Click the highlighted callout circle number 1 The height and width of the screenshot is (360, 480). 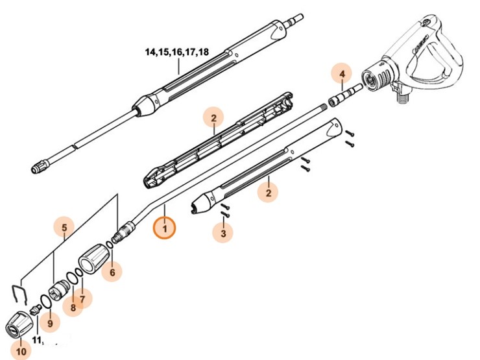[x=165, y=228]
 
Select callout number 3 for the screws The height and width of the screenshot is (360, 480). [x=222, y=232]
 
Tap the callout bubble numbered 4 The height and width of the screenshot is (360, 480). [x=342, y=75]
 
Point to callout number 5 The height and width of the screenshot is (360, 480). [x=64, y=228]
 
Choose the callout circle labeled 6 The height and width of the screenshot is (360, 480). [x=112, y=272]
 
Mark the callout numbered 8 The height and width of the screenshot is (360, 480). [x=73, y=307]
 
